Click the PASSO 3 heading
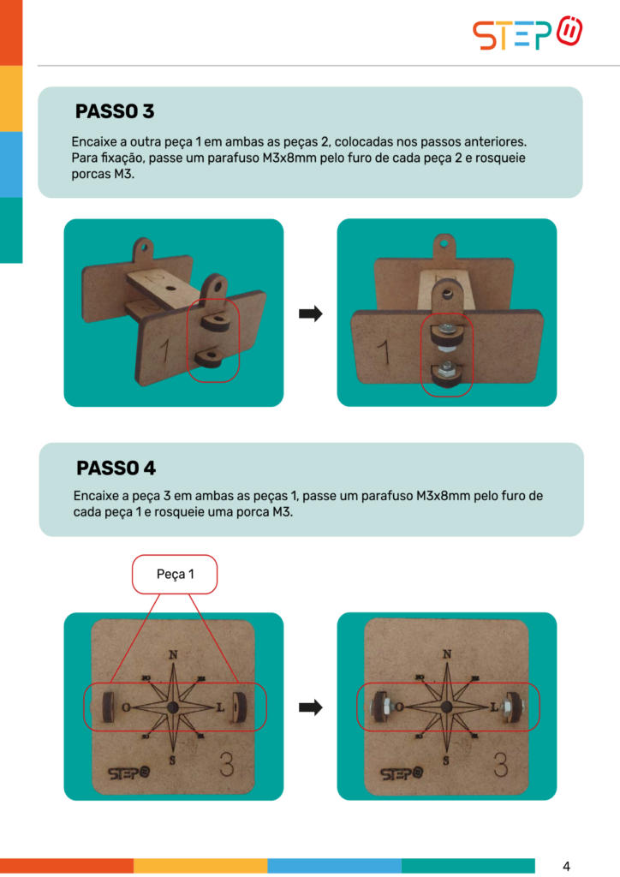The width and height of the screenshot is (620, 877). [115, 111]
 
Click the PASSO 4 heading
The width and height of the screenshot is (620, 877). [116, 468]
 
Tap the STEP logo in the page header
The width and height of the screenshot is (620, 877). [528, 33]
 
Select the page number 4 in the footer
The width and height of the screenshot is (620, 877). [566, 867]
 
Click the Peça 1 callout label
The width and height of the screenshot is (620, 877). [175, 575]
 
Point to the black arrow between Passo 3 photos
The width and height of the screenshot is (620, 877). [311, 313]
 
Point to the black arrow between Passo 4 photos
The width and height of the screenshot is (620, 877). [311, 707]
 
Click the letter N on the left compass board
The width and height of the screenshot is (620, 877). [173, 654]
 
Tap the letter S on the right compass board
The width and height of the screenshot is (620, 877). [446, 761]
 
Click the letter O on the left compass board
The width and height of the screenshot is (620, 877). [127, 707]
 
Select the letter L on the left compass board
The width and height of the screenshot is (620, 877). [220, 707]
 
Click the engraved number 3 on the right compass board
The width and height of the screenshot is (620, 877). [501, 764]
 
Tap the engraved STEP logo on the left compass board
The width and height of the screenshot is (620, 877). [129, 773]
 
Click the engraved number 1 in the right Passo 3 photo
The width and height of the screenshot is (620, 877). [384, 353]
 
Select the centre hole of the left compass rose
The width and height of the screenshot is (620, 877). [173, 707]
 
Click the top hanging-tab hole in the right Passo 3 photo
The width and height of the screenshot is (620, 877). [444, 244]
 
